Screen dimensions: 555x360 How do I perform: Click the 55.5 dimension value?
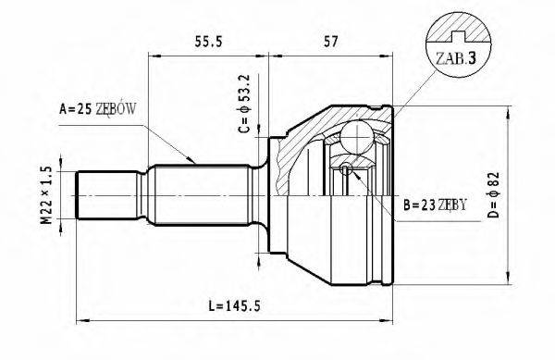pyautogui.click(x=208, y=42)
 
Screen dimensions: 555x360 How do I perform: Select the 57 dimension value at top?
pyautogui.click(x=331, y=42)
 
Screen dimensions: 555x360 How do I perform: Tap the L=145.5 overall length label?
pyautogui.click(x=234, y=305)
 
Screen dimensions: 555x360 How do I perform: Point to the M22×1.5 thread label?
pyautogui.click(x=46, y=195)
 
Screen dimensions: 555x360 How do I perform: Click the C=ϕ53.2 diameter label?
pyautogui.click(x=244, y=104)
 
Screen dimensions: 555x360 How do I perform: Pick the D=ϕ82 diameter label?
pyautogui.click(x=493, y=194)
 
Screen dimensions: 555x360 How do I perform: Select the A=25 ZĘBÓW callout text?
pyautogui.click(x=97, y=109)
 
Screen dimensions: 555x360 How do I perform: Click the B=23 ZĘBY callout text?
pyautogui.click(x=435, y=205)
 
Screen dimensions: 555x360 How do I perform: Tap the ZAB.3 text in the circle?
pyautogui.click(x=455, y=58)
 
